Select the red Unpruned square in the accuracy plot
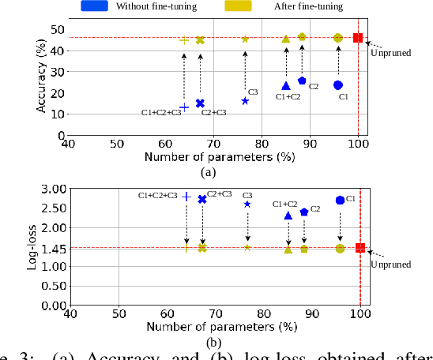pos(358,38)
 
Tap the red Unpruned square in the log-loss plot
pos(360,248)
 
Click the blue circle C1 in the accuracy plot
pos(338,84)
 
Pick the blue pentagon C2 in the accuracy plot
pos(302,81)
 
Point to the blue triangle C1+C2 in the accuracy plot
pos(286,86)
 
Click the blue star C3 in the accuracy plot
pos(245,101)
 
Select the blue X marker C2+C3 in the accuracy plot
pos(200,103)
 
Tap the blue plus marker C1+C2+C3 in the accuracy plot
pos(184,107)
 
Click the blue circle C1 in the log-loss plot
pos(340,201)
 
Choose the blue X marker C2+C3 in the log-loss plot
pos(202,199)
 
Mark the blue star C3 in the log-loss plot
pos(247,204)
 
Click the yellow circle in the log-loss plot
pos(340,249)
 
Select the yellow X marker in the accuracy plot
pos(200,39)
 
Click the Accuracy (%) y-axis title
pos(41,77)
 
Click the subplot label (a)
pos(208,172)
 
